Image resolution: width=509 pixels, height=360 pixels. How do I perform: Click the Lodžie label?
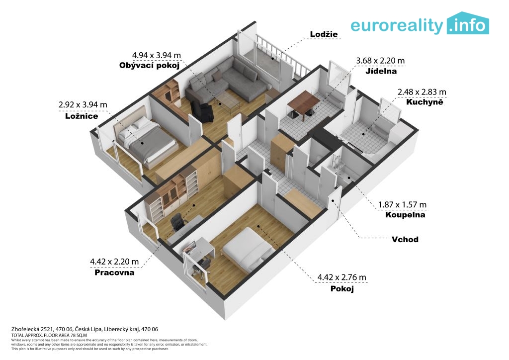point(324,34)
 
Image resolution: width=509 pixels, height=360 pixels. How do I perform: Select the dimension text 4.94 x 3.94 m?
point(156,55)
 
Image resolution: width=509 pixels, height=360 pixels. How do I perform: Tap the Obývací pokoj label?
point(149,66)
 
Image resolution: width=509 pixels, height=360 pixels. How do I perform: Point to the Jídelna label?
point(381,71)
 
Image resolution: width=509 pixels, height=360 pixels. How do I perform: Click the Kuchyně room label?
point(424,102)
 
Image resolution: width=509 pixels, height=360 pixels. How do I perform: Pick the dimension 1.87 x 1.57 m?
point(402,204)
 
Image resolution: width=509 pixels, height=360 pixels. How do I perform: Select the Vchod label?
point(405,240)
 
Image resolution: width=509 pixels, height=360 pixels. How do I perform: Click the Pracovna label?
point(114,272)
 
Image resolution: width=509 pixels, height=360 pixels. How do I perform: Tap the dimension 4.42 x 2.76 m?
point(341,277)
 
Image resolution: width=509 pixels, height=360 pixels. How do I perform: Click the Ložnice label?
point(82,116)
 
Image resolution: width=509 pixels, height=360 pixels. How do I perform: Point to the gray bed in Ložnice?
point(147,142)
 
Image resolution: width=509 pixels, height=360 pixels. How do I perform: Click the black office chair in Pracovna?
point(177,222)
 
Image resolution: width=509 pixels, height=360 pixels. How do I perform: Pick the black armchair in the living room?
point(202,111)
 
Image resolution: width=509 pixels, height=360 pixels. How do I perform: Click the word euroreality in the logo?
point(396,26)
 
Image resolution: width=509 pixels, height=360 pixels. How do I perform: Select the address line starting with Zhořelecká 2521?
point(85,329)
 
